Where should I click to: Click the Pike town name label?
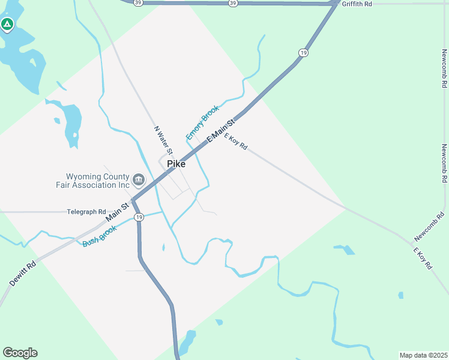coord(176,164)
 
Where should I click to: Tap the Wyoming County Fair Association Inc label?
coord(98,181)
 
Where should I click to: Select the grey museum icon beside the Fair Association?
coord(139,179)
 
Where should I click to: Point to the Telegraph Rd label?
coord(86,212)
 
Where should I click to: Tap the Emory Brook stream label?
coord(202,122)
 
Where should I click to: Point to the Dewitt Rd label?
coord(23,273)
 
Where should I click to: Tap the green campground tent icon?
coord(7,25)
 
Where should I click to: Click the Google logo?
coord(20,353)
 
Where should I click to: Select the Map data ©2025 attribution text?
coord(423,355)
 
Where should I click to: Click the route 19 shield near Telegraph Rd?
coord(139,217)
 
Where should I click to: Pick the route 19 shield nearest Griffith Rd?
coord(304,53)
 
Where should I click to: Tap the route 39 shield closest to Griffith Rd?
coord(233,3)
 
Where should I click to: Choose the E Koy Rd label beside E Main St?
coord(235,142)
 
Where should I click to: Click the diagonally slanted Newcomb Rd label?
coord(429,227)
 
